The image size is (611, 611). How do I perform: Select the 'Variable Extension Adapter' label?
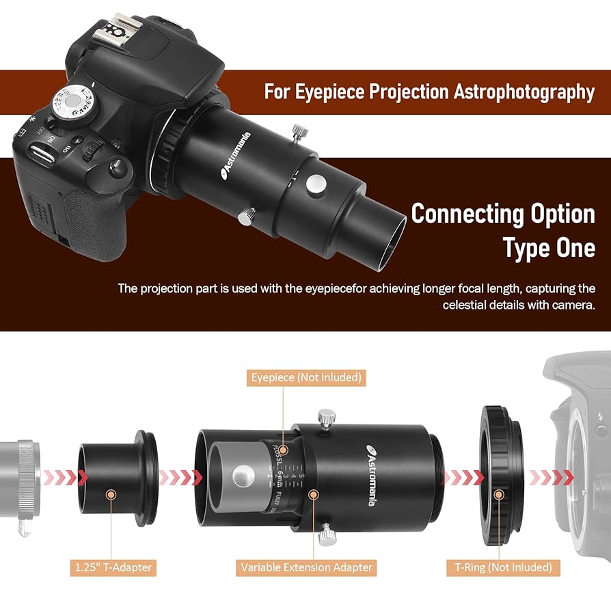[x=307, y=567]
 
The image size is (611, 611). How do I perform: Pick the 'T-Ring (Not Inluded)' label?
[x=502, y=567]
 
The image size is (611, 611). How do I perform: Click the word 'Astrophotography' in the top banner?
[x=524, y=92]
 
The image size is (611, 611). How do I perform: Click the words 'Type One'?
[x=549, y=247]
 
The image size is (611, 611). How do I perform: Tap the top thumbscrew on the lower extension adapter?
[x=326, y=417]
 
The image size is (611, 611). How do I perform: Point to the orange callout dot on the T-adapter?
[x=111, y=493]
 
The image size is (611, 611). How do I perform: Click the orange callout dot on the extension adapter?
[x=313, y=494]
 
